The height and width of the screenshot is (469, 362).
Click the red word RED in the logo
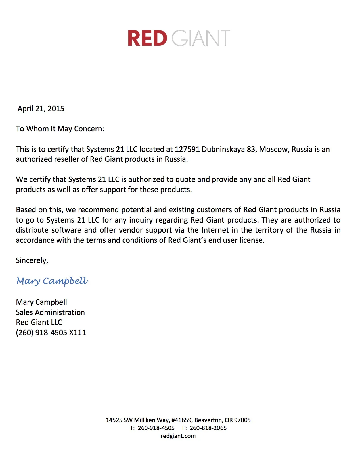147,38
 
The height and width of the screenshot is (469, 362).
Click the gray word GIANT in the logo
201,38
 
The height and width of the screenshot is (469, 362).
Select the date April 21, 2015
41,109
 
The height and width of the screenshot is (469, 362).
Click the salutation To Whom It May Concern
60,129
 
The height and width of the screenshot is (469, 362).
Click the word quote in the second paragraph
185,180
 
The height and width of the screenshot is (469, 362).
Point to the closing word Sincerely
32,260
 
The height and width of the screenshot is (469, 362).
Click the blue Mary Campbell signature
52,281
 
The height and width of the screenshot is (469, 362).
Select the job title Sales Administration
50,312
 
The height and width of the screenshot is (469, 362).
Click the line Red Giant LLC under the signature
39,322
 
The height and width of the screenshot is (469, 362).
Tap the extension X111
78,333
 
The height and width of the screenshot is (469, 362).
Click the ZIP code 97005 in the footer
242,420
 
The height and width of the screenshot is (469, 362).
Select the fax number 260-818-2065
208,428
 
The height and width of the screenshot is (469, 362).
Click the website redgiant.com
178,436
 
